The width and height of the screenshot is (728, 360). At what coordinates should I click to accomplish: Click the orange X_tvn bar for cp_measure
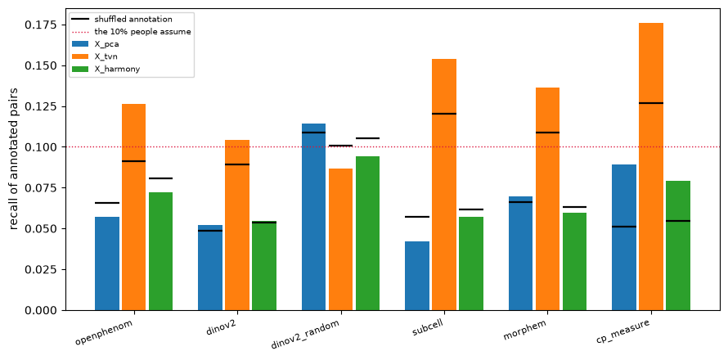point(651,166)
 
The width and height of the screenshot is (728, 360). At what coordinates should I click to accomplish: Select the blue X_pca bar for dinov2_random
point(313,217)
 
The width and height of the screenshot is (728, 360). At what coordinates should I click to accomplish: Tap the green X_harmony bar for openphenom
point(160,251)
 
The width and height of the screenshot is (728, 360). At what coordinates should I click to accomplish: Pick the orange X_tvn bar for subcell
point(444,184)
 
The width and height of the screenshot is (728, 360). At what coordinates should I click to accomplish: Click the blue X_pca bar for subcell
point(417,276)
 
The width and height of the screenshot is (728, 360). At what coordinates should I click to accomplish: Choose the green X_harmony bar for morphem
point(575,262)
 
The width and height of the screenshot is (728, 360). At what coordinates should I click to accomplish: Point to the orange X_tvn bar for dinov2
point(237,225)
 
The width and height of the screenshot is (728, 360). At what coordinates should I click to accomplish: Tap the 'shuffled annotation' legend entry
point(122,20)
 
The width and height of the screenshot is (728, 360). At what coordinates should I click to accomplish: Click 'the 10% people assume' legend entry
point(131,32)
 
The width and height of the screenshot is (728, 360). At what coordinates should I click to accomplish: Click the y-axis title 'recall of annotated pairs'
point(15,159)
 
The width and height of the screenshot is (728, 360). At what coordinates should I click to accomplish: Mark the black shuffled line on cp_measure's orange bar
point(651,102)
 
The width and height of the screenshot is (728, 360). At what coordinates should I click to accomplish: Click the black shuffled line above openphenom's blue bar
point(107,203)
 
